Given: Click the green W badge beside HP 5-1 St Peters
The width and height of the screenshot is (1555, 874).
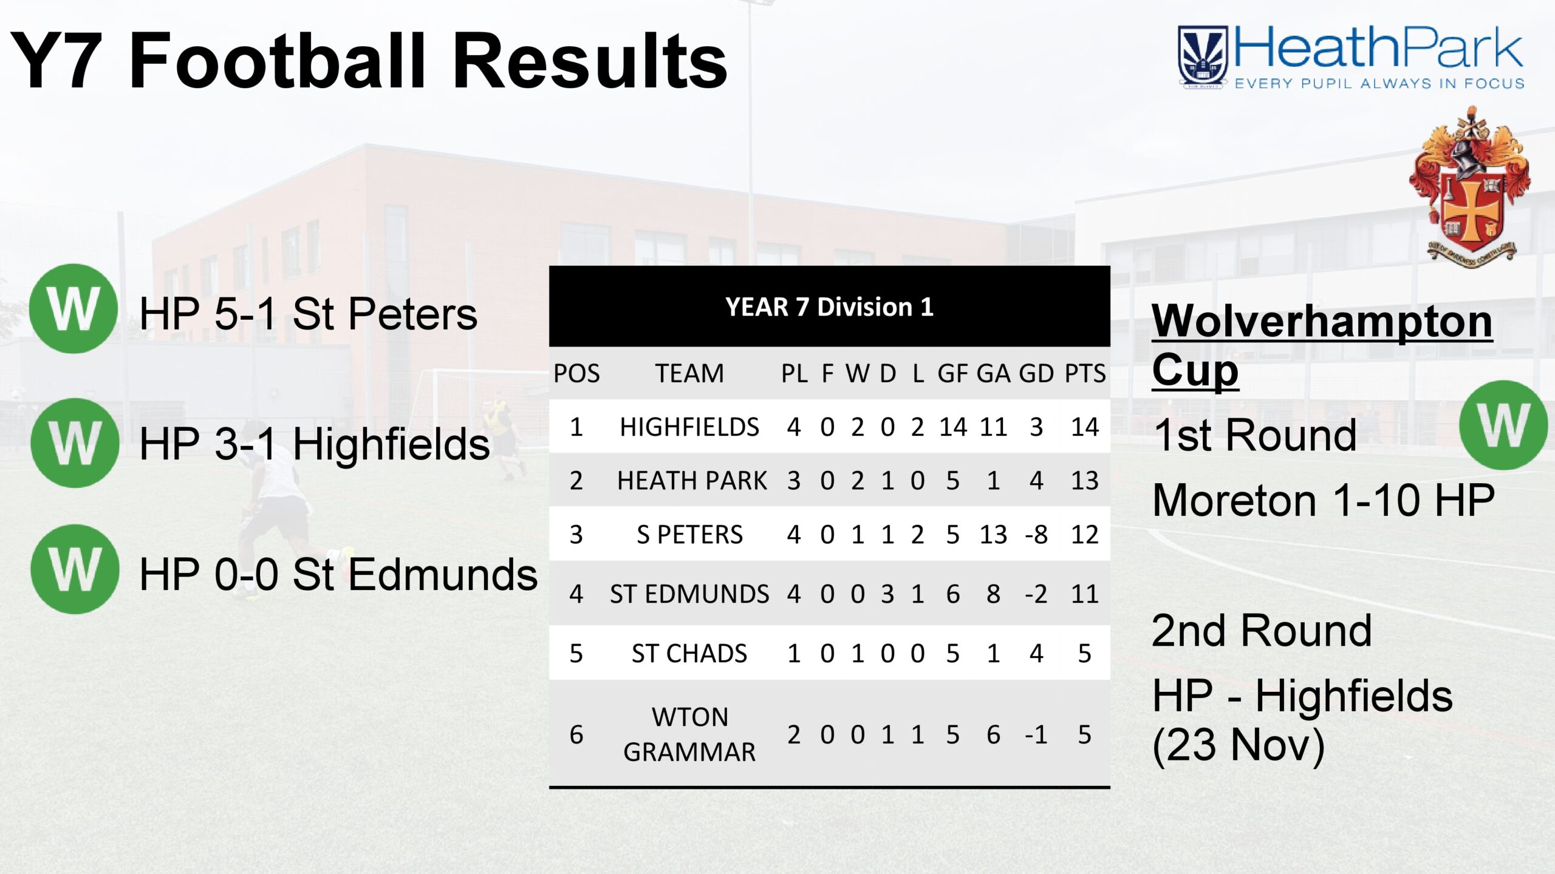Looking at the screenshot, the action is coord(73,309).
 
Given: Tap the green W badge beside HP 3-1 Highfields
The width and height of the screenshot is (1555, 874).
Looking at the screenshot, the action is coord(75,443).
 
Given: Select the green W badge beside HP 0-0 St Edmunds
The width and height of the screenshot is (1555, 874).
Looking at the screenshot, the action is coord(75,569).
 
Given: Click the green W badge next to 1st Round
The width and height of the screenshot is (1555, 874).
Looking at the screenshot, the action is coord(1504,425).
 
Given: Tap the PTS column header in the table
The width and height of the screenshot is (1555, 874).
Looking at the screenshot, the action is coord(1085,373).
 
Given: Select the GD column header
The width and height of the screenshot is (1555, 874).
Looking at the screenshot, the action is coord(1036,373).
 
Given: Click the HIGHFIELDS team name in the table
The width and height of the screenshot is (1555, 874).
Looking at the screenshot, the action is coord(689,427).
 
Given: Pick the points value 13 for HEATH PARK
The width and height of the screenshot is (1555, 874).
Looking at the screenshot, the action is coord(1085,481).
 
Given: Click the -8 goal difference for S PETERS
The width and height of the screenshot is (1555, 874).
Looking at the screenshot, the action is coord(1036,535).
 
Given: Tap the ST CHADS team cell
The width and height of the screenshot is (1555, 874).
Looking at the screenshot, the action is coord(689,654).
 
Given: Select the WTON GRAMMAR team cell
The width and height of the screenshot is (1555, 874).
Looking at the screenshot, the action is coord(689,734).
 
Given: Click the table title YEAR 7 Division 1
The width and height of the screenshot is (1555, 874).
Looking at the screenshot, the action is coord(829,307).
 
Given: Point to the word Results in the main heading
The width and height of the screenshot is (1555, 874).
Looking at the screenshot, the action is coord(590,61).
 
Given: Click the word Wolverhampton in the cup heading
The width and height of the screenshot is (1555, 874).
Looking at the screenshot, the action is coord(1322,322).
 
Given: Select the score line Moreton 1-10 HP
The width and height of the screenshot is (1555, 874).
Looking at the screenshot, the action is coord(1324,500).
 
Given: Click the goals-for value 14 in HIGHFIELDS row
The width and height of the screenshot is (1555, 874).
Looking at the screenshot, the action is coord(953,427).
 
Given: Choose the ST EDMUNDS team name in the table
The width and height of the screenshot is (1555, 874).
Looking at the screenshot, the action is coord(689,594).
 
